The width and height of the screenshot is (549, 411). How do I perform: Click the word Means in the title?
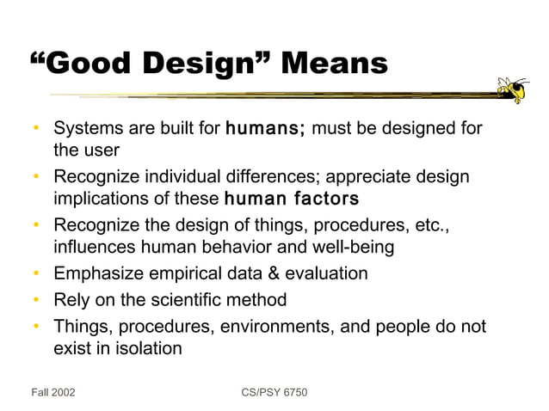point(335,63)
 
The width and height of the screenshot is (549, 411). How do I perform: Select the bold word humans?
point(264,130)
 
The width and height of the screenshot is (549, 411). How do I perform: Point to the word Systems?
point(86,130)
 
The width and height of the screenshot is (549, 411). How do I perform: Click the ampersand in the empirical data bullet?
point(273,274)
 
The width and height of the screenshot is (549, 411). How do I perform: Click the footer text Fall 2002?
point(52,392)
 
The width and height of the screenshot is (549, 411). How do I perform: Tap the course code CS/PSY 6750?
point(274,392)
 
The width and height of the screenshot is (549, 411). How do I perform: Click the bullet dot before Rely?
point(37,301)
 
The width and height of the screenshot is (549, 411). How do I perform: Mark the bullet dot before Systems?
point(37,130)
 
